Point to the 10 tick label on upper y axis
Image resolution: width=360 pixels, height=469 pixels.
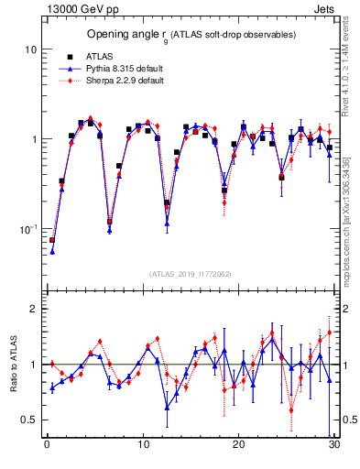tap(30, 49)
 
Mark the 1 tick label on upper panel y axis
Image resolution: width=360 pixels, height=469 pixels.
tap(33, 139)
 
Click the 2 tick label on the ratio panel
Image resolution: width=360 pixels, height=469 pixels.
tap(33, 309)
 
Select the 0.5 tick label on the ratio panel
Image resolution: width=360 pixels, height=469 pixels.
tap(28, 420)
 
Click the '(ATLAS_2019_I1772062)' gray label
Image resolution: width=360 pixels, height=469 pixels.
tap(191, 273)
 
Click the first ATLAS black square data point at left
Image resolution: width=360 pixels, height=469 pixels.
tap(52, 240)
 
